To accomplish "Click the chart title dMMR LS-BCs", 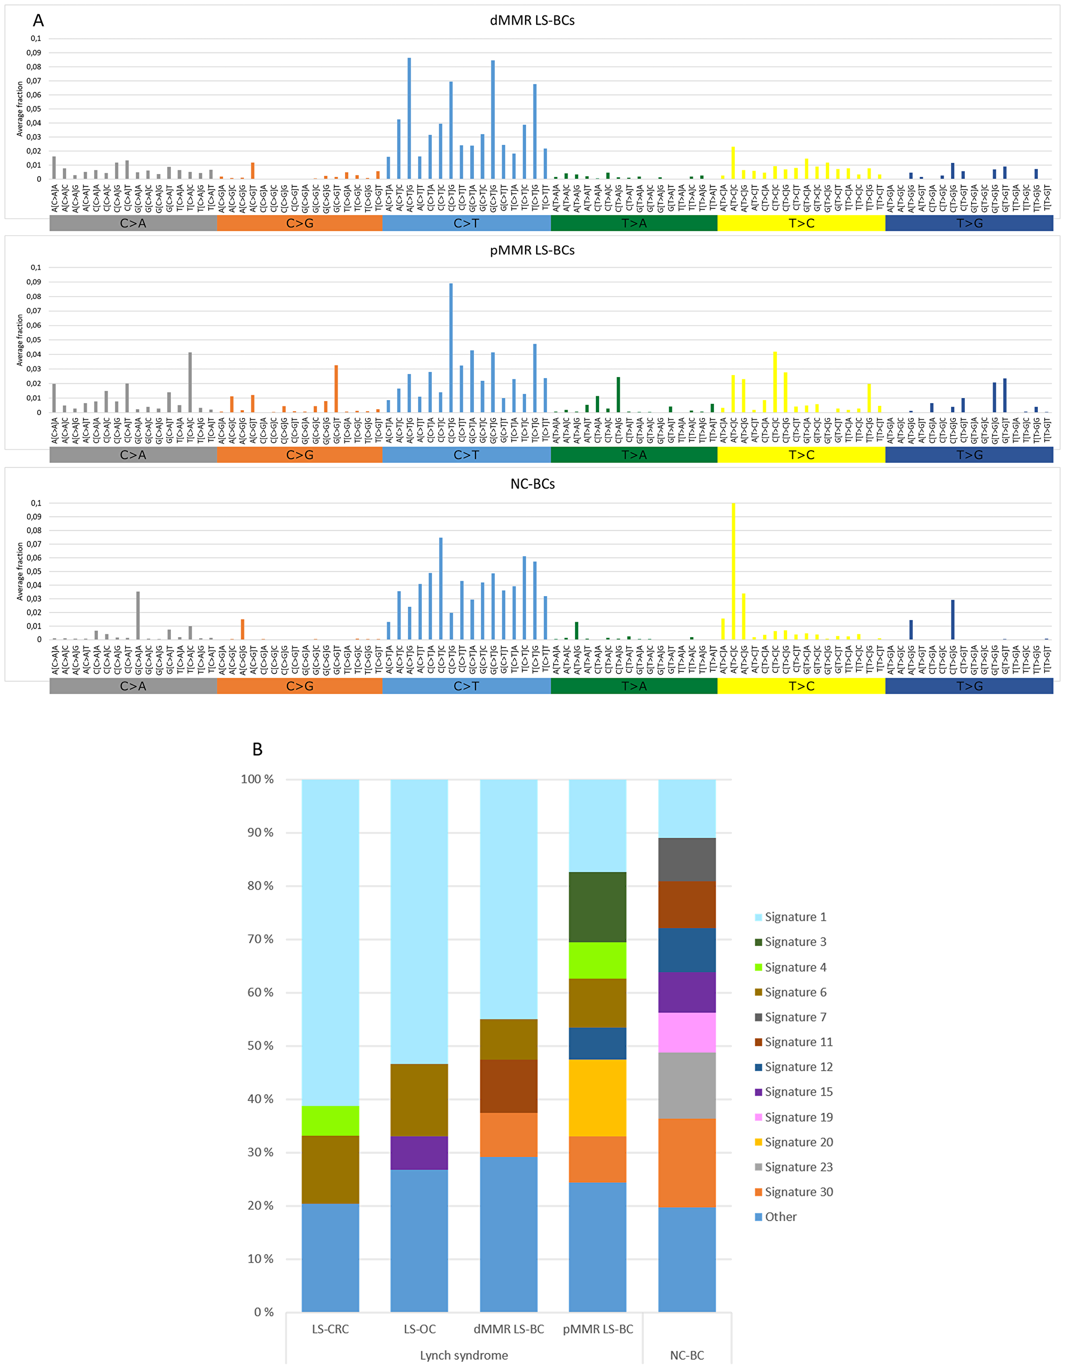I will pos(532,20).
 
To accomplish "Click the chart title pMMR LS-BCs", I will pos(532,250).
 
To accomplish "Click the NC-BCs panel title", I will pos(532,484).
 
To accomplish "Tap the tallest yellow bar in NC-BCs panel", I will pos(733,571).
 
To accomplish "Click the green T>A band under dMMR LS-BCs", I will pos(634,223).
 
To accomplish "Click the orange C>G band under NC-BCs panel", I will pos(299,687).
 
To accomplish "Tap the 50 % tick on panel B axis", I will pos(260,1046).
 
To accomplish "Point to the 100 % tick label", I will pos(258,779).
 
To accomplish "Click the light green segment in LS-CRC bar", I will pos(330,1121).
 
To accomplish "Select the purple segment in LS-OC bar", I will pos(419,1153).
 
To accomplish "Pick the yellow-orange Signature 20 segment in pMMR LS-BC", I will pos(597,1097).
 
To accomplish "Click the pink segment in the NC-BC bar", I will pos(686,1032).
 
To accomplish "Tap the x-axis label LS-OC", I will pos(419,1329).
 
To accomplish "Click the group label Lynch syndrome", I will pos(464,1355).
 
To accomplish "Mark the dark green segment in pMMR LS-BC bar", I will pos(597,907).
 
